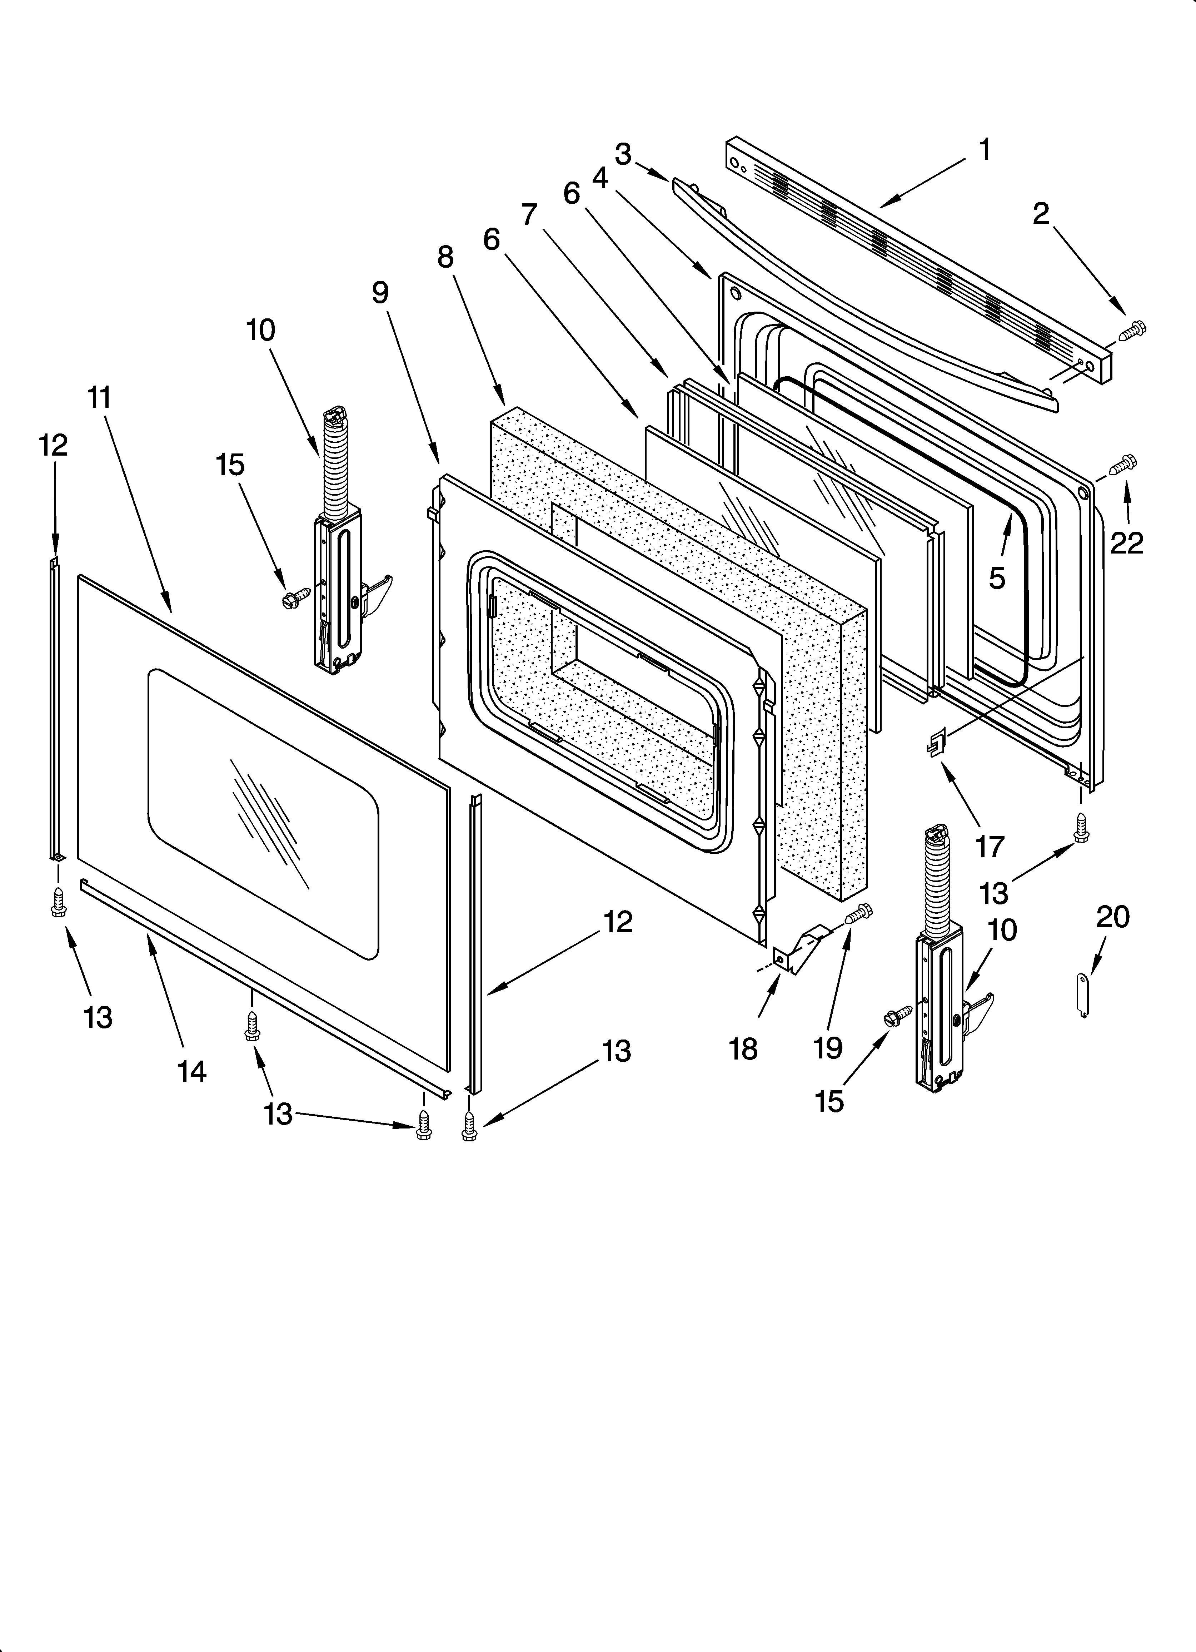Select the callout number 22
tap(1126, 543)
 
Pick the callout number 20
tap(1112, 917)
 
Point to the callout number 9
tap(380, 293)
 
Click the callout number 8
tap(445, 257)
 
